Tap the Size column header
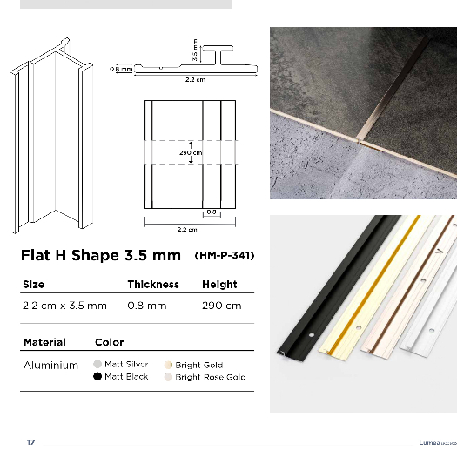[34, 285]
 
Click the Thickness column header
[153, 285]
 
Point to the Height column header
[219, 285]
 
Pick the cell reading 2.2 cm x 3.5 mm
[64, 306]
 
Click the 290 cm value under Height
[221, 306]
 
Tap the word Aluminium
[50, 365]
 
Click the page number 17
[30, 442]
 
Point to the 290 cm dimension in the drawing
[191, 152]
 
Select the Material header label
[44, 342]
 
